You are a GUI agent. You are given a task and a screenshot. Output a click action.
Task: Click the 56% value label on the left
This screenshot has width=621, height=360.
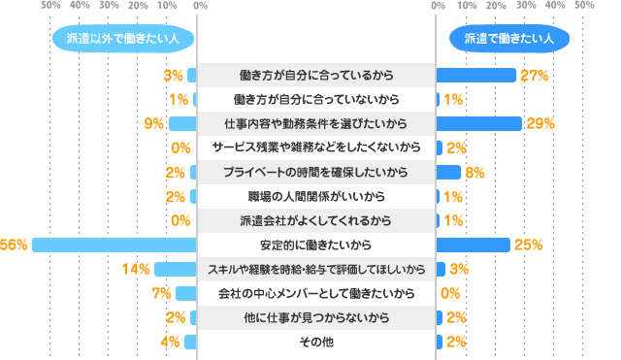point(14,245)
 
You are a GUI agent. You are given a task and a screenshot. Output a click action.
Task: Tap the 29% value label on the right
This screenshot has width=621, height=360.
point(540,124)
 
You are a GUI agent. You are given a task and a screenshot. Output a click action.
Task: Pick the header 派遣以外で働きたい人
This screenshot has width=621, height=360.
point(122,39)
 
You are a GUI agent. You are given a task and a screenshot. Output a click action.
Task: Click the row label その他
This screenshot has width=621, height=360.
point(316,342)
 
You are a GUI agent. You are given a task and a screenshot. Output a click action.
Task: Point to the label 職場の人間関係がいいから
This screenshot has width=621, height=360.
point(316,196)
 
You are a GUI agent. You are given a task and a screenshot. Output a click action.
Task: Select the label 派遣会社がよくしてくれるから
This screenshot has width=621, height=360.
point(316,220)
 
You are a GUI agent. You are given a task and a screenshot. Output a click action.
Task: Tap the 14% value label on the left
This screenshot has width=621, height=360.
point(137,269)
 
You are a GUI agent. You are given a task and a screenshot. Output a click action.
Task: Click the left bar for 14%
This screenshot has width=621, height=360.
point(176,269)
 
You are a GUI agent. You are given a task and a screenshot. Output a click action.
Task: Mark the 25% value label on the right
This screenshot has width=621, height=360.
point(528,245)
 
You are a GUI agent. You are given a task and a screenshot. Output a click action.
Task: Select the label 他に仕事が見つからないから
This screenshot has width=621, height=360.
point(316,317)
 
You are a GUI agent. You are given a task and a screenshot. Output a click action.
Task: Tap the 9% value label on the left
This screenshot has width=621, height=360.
point(151,124)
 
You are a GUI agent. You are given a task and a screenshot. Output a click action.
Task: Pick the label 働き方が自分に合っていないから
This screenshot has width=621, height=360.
point(316,99)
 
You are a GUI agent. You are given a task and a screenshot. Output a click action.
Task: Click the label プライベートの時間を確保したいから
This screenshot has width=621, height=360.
point(316,172)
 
